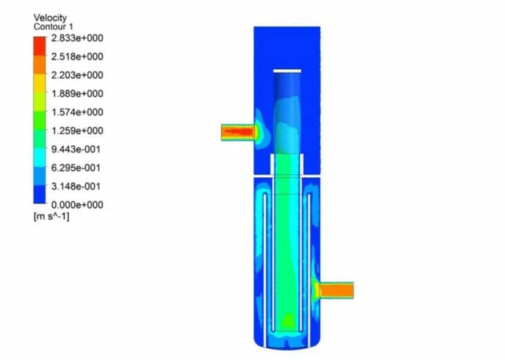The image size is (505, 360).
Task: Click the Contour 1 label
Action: [53, 26]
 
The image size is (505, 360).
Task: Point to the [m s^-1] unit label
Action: [51, 217]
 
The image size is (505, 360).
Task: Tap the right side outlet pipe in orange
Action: [336, 290]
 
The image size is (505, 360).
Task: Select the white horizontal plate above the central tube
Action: [287, 71]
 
